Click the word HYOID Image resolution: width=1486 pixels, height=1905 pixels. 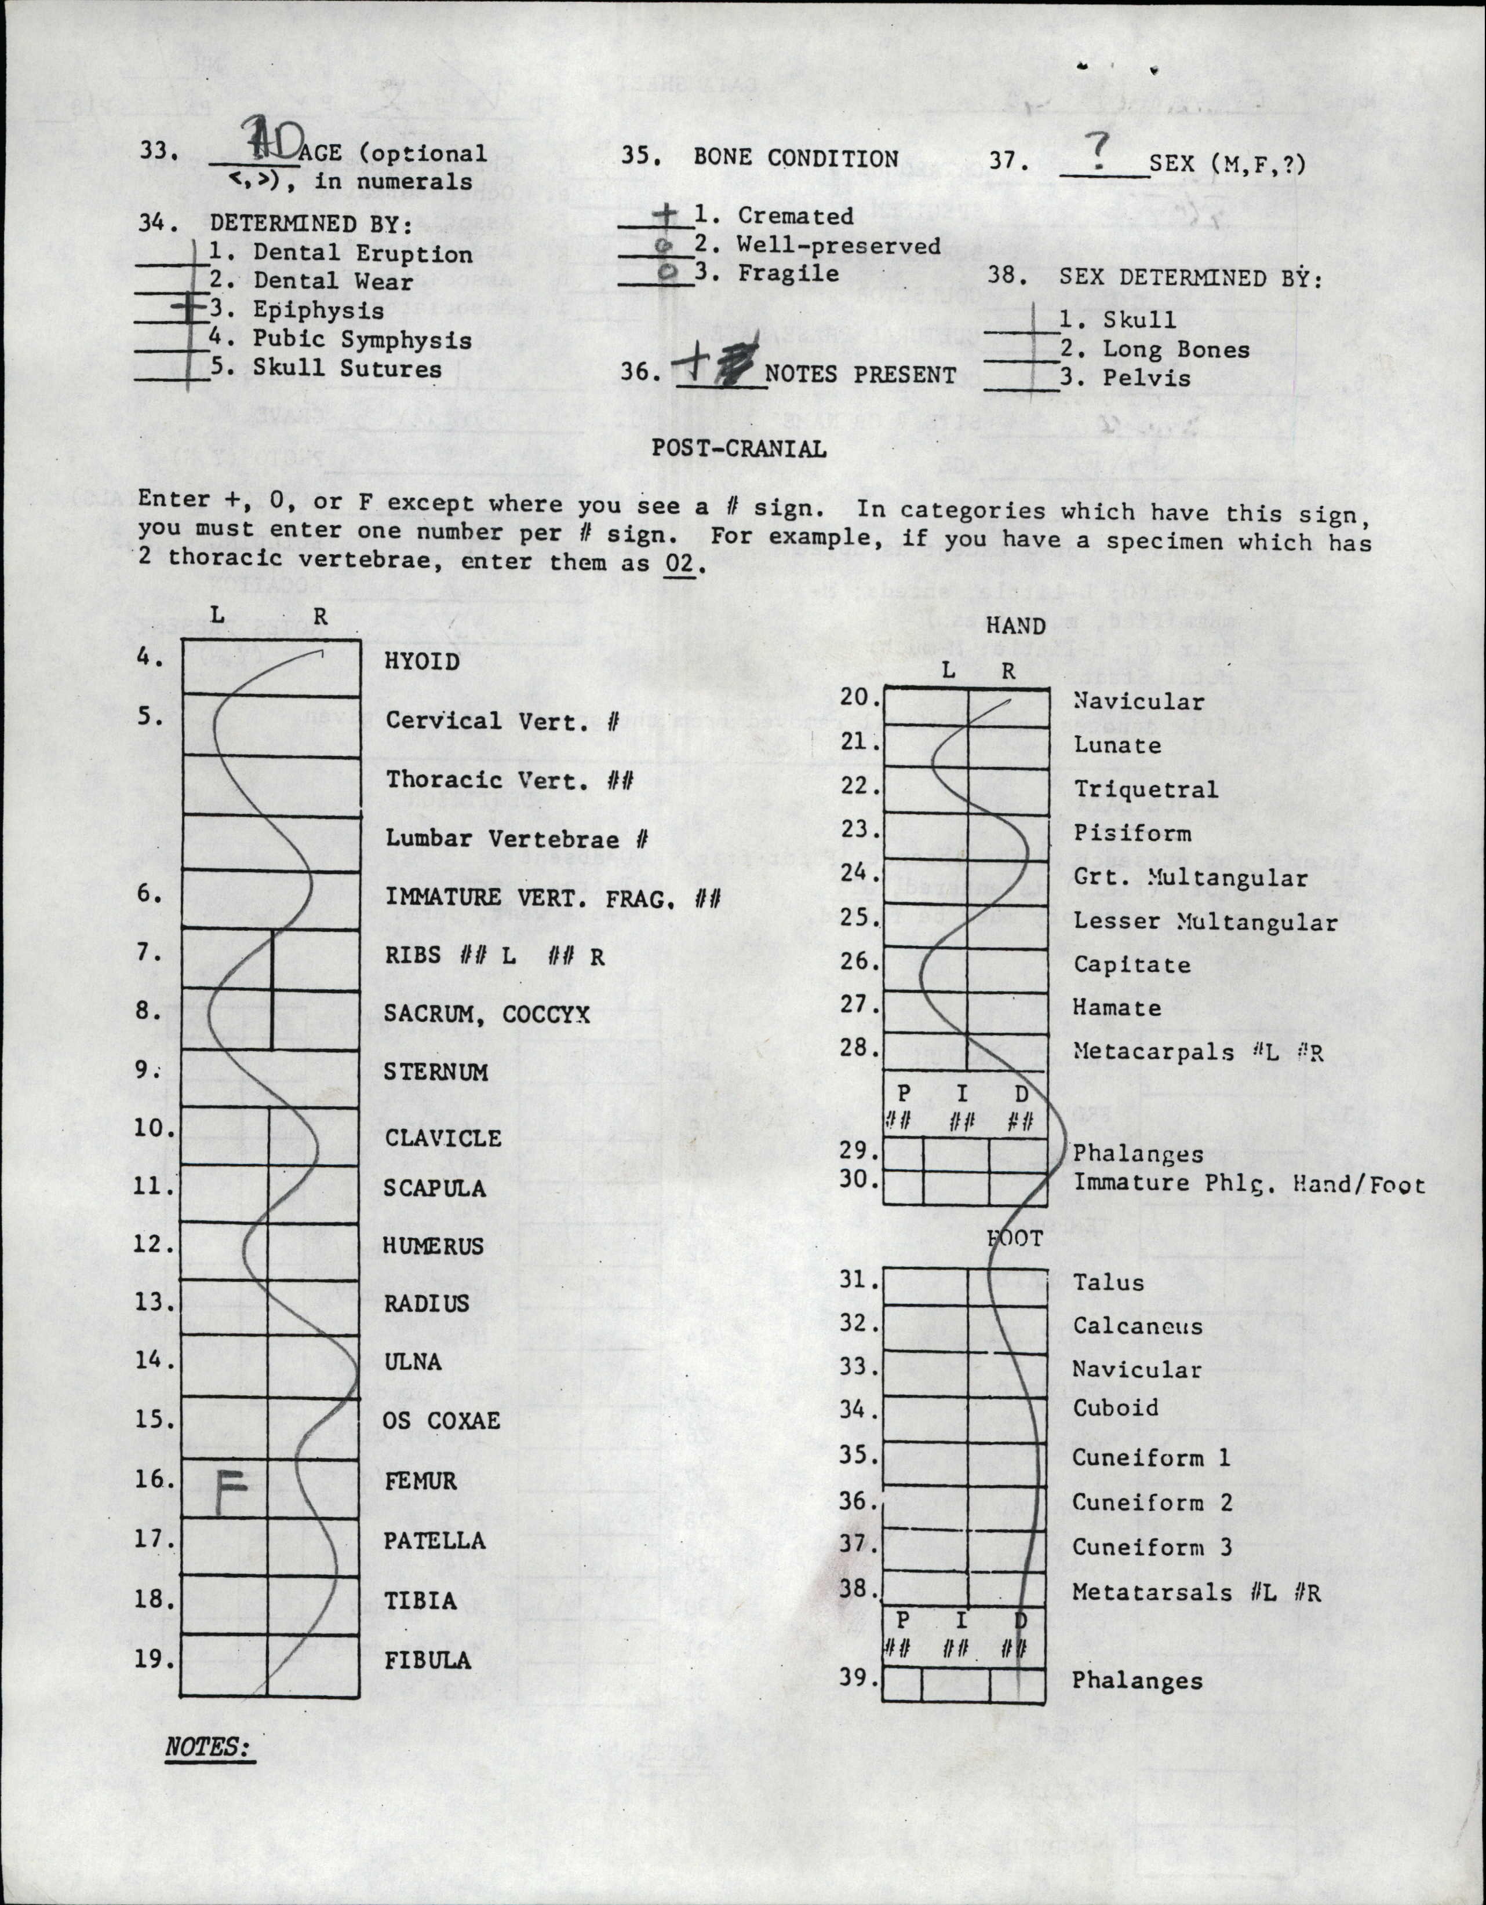pyautogui.click(x=423, y=661)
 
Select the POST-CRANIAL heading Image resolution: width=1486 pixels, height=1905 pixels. pyautogui.click(x=739, y=448)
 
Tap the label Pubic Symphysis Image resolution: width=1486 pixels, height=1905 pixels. pyautogui.click(x=362, y=339)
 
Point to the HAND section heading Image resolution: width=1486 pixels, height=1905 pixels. pyautogui.click(x=1015, y=626)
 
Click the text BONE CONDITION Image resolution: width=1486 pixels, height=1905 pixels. pyautogui.click(x=796, y=158)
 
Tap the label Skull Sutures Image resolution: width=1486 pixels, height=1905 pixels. pyautogui.click(x=347, y=368)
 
